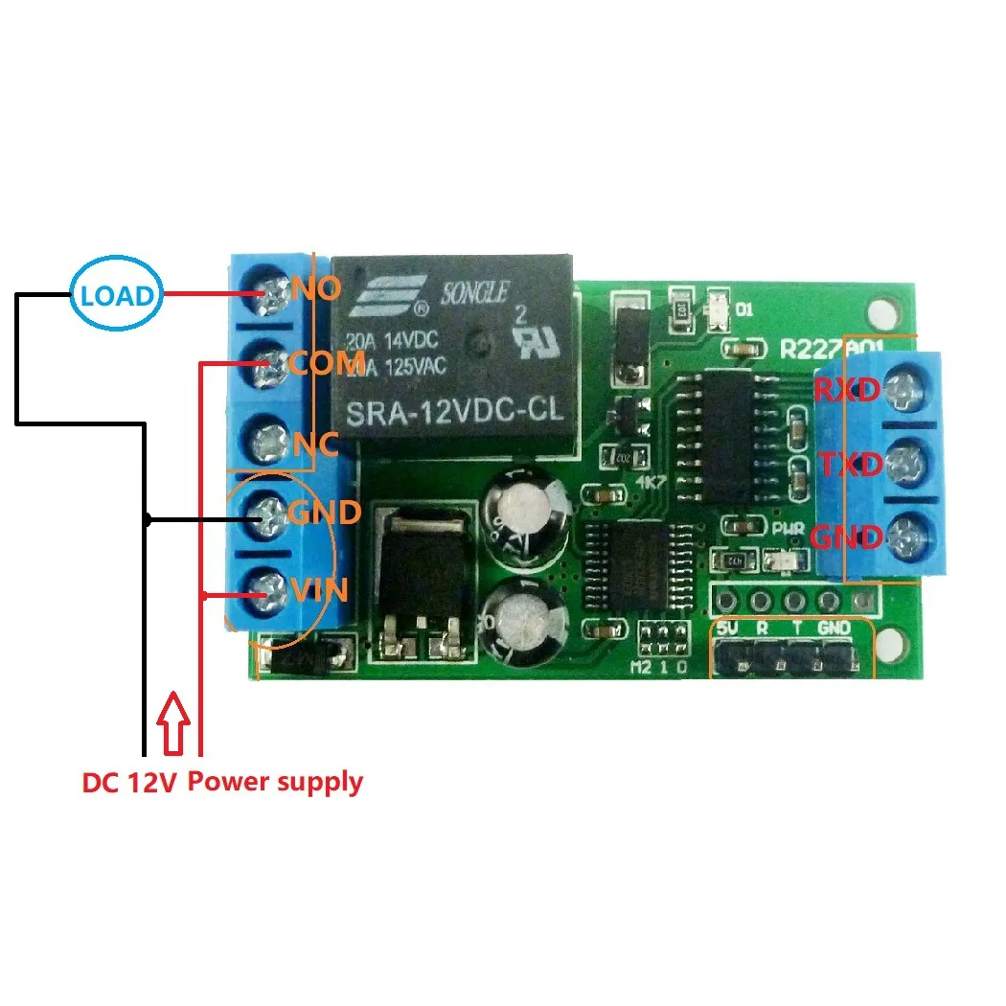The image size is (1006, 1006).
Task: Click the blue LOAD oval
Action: (x=116, y=294)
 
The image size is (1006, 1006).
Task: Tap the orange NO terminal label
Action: (x=315, y=287)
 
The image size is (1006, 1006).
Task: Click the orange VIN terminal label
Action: (x=320, y=588)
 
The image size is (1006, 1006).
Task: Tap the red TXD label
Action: (x=848, y=466)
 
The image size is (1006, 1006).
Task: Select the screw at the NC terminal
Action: (x=269, y=443)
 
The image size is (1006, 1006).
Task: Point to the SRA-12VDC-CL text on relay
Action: (x=456, y=415)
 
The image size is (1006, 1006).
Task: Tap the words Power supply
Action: (x=275, y=782)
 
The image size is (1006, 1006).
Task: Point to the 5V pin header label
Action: (x=727, y=629)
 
